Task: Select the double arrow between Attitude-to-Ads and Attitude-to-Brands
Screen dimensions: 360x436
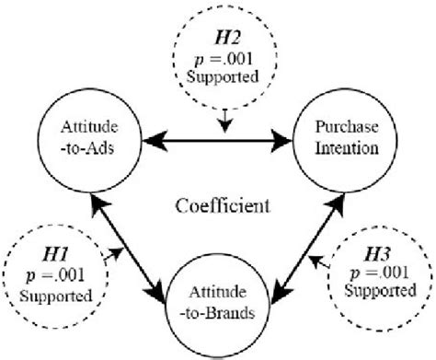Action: tap(129, 235)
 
